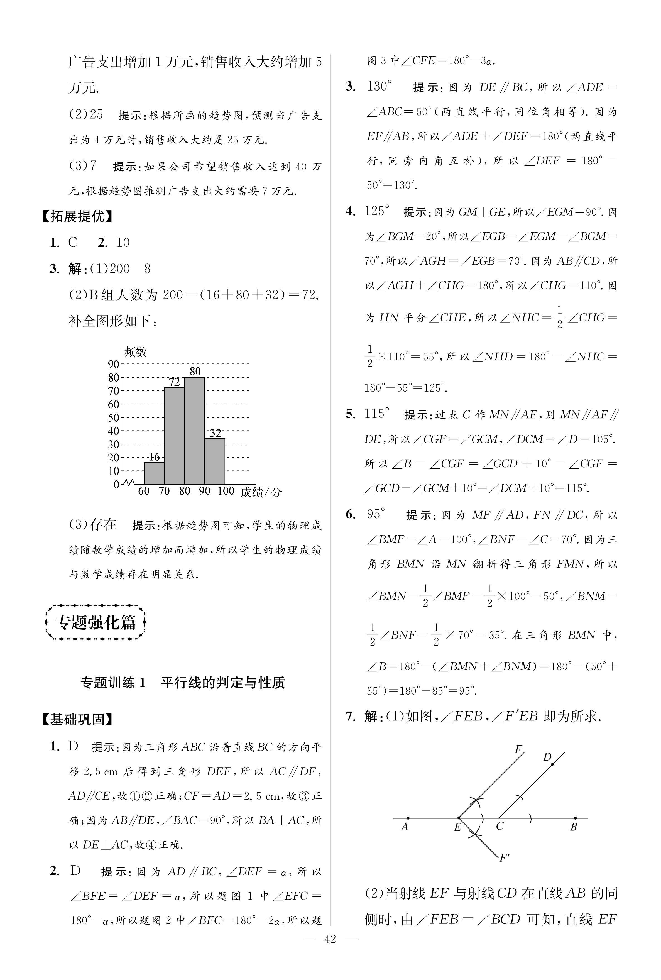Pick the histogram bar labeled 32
click(215, 461)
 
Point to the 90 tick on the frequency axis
click(113, 364)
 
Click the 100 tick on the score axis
click(226, 491)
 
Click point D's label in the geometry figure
click(547, 757)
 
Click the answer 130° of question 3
click(379, 87)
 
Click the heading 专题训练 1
click(113, 682)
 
